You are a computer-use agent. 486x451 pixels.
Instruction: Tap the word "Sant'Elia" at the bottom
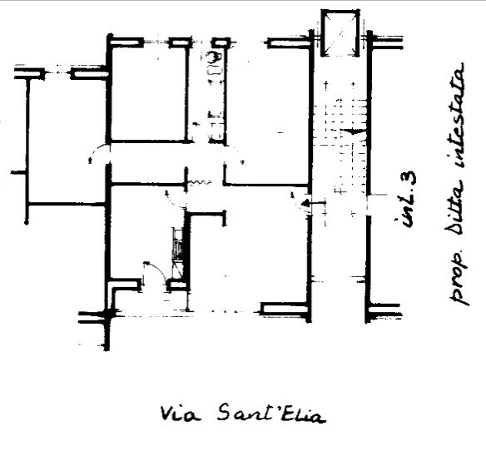click(270, 414)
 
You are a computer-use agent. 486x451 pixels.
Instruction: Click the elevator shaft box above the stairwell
click(340, 32)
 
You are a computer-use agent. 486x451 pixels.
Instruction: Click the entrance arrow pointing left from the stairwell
click(314, 204)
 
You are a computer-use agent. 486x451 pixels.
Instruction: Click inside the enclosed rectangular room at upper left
click(149, 94)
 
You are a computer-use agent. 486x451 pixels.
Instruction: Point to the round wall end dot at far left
click(27, 222)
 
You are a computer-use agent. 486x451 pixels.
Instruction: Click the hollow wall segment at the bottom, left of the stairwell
click(285, 308)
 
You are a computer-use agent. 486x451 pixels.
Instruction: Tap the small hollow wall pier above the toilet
click(221, 42)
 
